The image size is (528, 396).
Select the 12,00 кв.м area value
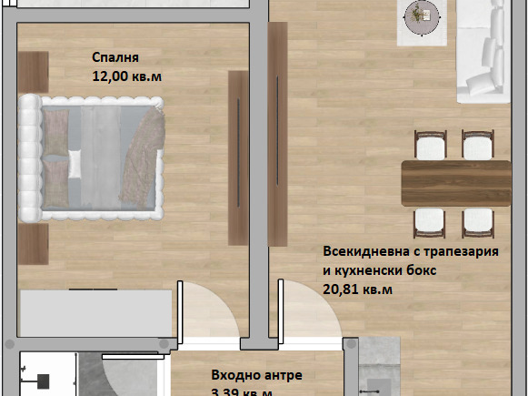tap(127, 77)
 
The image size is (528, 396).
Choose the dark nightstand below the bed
tap(33, 244)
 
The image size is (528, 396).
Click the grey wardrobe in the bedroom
tap(95, 314)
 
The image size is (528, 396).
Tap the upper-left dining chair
tap(431, 146)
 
